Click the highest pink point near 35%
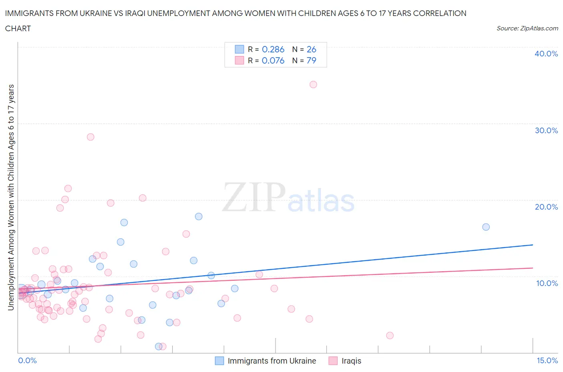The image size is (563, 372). point(313,84)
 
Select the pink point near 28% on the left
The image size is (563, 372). point(90,137)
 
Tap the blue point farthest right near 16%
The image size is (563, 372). point(486,227)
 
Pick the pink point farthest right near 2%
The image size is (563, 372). point(390,335)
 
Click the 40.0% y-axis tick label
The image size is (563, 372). point(546,54)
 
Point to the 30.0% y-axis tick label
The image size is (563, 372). point(546,130)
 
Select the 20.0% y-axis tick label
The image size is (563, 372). point(546,207)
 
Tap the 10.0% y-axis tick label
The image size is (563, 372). point(547,283)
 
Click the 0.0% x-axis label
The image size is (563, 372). point(27,360)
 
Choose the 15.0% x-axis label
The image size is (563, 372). point(547,360)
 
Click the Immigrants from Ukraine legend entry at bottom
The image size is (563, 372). point(271,361)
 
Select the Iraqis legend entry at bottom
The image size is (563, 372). point(351,361)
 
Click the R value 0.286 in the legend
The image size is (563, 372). point(273,49)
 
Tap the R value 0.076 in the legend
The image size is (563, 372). point(273,60)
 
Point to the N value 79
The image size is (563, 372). point(311,60)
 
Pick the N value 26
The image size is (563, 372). point(311,49)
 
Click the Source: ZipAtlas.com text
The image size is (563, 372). point(527,28)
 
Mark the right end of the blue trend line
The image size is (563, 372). point(533,244)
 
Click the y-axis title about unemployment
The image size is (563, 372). point(11,197)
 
